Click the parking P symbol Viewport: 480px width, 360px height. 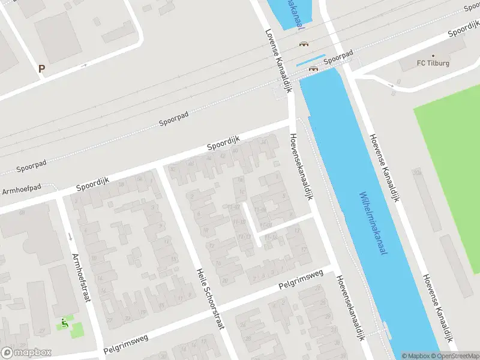tap(41, 69)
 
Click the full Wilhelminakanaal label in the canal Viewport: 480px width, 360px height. tap(373, 223)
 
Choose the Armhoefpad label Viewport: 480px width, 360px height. tap(22, 190)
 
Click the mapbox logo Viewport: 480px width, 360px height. tap(26, 353)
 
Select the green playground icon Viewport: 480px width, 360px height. tap(65, 323)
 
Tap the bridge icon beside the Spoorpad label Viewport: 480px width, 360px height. tap(313, 68)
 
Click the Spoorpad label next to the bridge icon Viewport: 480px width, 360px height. tap(337, 61)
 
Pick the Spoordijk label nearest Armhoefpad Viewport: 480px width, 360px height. tap(91, 184)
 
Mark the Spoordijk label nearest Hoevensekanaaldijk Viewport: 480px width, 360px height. tap(223, 143)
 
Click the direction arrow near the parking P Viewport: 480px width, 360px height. tap(85, 65)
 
